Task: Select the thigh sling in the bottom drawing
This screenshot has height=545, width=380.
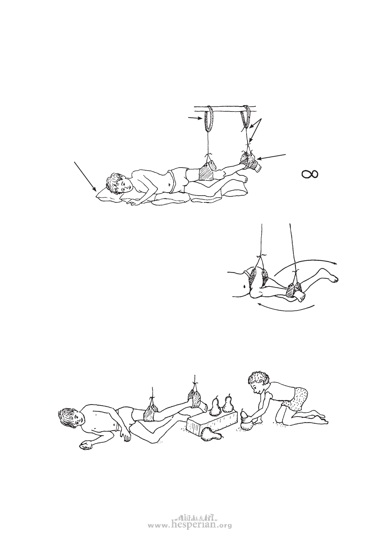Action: pos(151,414)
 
